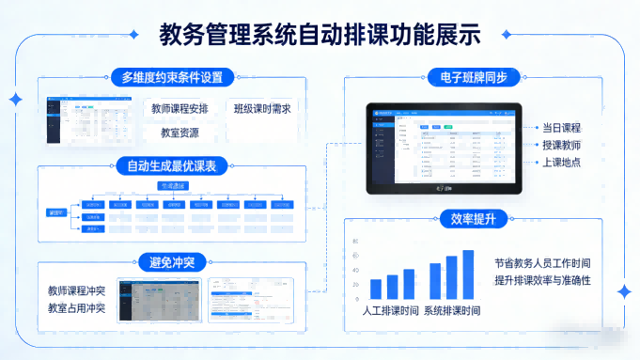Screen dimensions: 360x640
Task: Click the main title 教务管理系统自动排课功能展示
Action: (x=320, y=35)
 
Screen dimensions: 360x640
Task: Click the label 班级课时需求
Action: (x=261, y=109)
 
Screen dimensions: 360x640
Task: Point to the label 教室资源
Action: (x=177, y=133)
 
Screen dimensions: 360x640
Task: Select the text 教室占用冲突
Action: (x=76, y=307)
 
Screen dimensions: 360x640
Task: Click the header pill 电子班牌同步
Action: (x=473, y=77)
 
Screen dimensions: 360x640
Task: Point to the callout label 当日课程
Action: (x=561, y=127)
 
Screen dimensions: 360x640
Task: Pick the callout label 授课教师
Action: (x=561, y=145)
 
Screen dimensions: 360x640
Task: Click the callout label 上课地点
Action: (x=561, y=163)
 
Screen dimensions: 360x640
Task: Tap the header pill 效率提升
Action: (x=473, y=219)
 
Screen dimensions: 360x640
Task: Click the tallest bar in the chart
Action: (x=468, y=274)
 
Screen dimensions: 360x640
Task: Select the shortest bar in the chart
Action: (x=376, y=289)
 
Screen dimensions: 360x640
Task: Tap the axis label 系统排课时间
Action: (x=452, y=310)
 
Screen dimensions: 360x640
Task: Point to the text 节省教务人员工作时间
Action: (x=542, y=263)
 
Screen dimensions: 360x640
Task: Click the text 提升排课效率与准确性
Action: (x=542, y=281)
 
